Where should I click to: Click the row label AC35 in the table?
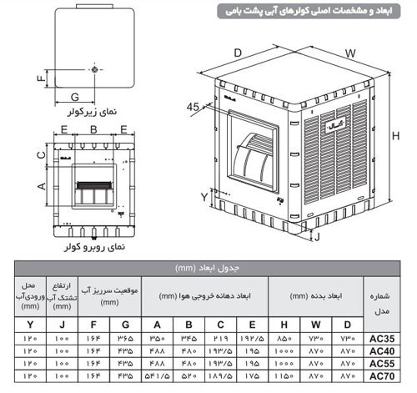tap(380, 340)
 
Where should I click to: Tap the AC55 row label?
tap(380, 365)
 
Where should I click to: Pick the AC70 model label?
tap(380, 377)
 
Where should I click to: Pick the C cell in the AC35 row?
tap(219, 340)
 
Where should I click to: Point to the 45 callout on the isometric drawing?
tap(193, 106)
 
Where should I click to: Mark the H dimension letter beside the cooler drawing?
tap(404, 137)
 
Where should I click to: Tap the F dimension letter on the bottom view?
tap(38, 79)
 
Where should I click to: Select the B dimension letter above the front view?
tap(93, 129)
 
